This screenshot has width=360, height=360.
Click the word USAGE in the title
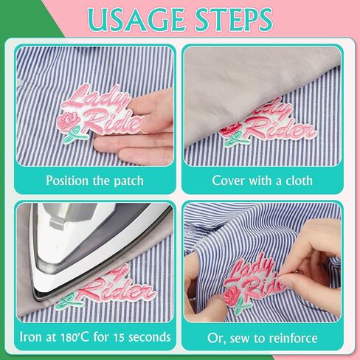(136, 20)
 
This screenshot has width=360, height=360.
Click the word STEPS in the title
(234, 20)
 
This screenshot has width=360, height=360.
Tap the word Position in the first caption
(67, 181)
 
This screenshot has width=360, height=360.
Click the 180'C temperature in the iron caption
(75, 337)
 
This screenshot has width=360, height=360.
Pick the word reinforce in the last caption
(293, 338)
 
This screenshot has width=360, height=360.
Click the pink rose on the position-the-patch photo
(68, 121)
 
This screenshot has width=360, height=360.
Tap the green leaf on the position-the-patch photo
(73, 136)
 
